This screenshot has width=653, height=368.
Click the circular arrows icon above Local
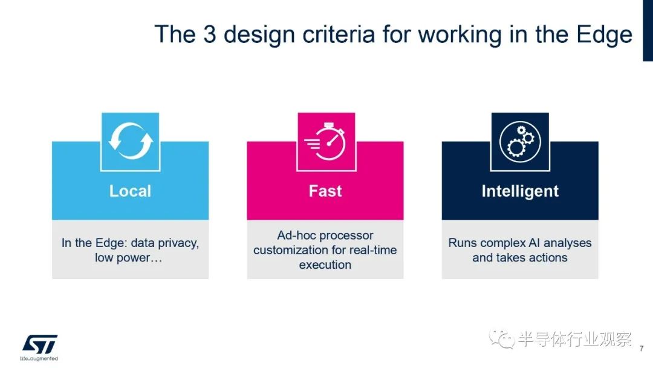point(131,141)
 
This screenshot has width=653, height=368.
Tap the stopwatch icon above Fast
point(325,141)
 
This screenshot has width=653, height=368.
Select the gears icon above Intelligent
point(520,142)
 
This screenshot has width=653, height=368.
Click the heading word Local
point(130,191)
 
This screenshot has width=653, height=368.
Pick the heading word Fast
point(325,191)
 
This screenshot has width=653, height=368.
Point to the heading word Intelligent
point(520,191)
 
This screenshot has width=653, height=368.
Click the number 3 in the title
point(209,34)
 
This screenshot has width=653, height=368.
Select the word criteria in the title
point(339,34)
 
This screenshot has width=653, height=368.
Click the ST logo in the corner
point(39,344)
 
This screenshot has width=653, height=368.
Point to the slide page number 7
point(642,349)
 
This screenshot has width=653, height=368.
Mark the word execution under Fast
point(325,264)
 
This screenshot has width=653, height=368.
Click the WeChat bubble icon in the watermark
point(502,339)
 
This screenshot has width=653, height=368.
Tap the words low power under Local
point(122,258)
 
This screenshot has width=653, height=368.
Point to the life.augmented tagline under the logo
point(39,358)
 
